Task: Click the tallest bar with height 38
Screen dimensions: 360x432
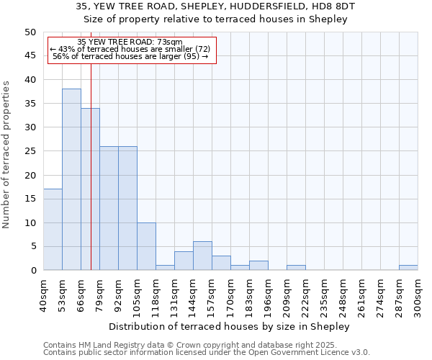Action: pos(71,179)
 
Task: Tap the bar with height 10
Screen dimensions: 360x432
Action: pos(146,246)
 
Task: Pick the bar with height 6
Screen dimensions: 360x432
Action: pos(202,256)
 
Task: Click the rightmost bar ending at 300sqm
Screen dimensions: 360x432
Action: pos(408,268)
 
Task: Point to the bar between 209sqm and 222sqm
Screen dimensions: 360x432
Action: pos(296,268)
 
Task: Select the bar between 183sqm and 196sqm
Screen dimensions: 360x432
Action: pos(258,266)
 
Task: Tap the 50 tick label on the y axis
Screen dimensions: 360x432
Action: pos(30,32)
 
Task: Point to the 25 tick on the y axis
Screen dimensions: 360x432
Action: pos(30,151)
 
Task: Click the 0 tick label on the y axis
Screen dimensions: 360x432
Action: pos(32,271)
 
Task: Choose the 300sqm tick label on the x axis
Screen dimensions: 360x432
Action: pos(418,294)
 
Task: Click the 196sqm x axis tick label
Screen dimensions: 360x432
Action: pos(268,294)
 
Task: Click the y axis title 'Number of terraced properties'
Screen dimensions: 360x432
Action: pos(7,154)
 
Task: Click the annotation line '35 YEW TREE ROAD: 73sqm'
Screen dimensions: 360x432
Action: pos(130,42)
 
